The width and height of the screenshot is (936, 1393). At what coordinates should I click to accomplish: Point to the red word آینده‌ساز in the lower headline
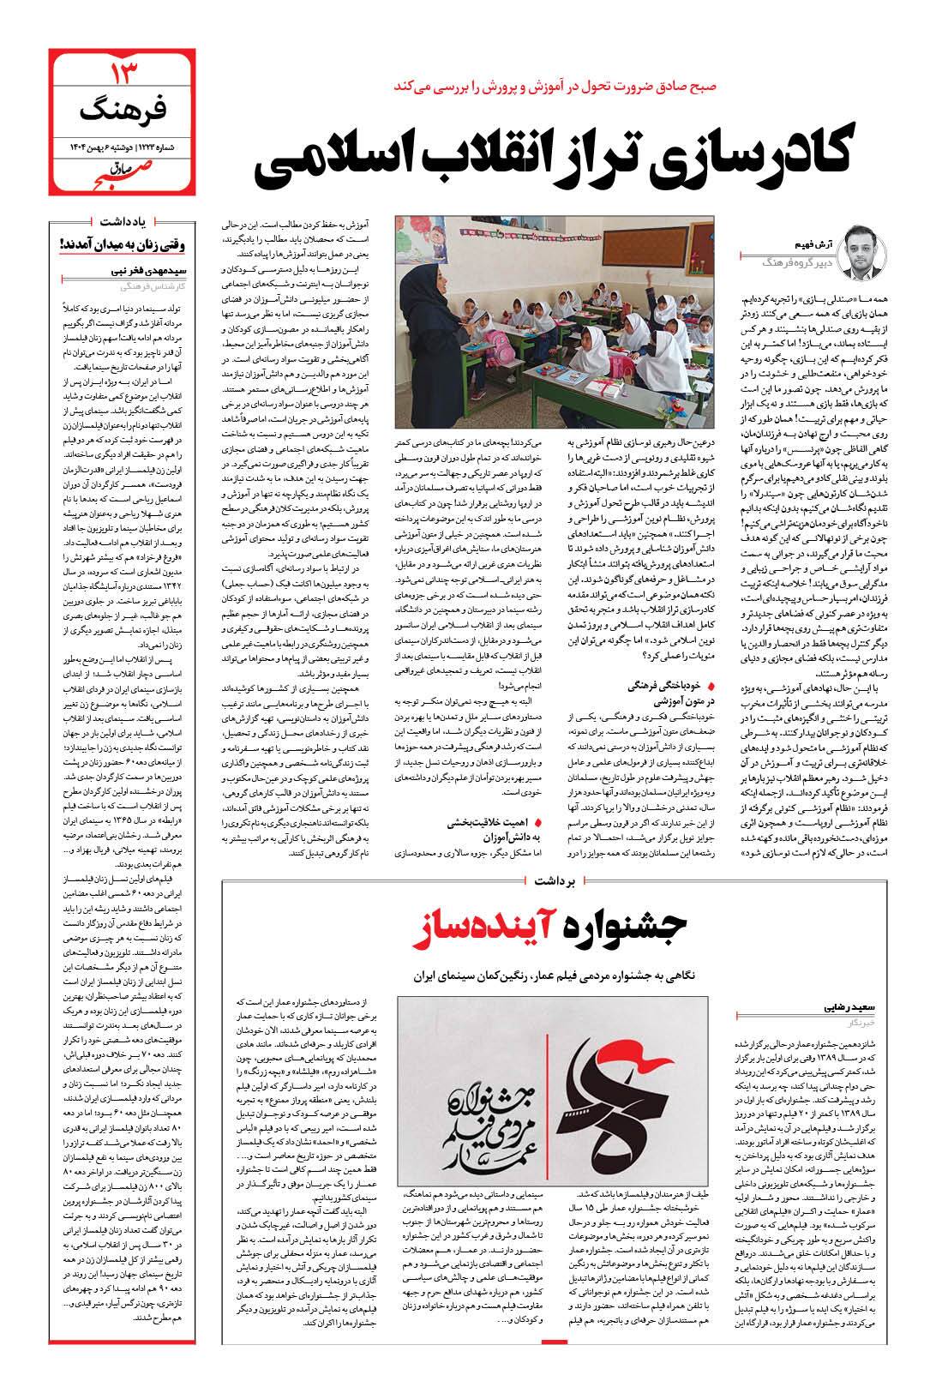486,932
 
